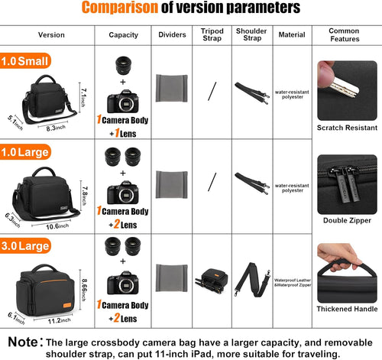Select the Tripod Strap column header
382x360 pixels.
coord(213,35)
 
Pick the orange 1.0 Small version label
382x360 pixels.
coord(27,60)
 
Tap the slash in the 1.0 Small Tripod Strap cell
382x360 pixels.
coord(213,90)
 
